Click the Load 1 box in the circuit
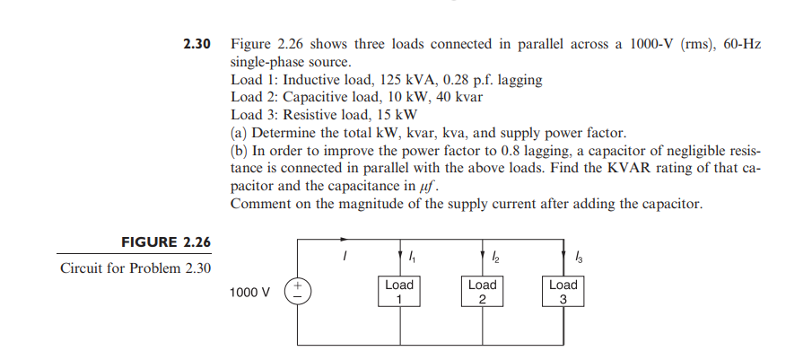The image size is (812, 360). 399,292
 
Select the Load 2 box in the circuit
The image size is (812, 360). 482,292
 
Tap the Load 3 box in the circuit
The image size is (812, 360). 563,292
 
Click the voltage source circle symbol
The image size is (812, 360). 297,292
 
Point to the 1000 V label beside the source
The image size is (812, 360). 250,293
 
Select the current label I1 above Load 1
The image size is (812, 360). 412,258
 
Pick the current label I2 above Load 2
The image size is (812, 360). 494,258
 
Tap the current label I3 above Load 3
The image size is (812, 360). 576,258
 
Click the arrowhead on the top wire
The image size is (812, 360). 345,240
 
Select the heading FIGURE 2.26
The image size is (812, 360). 166,242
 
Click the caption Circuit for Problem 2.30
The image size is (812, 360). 135,268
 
